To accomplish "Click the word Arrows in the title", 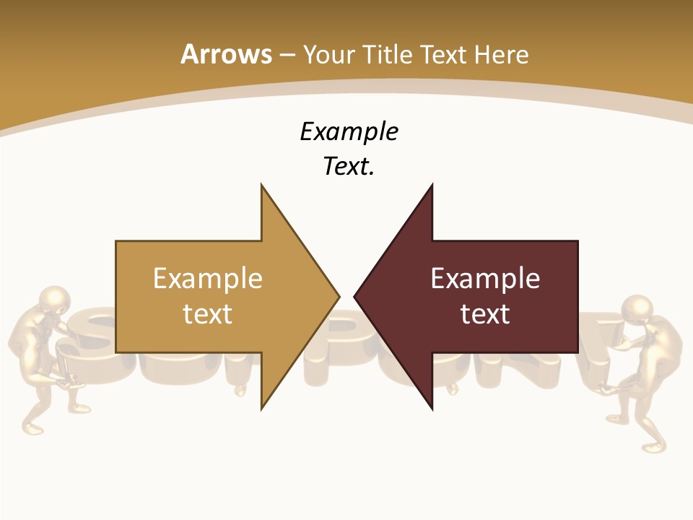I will tap(226, 54).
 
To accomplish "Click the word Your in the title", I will tap(329, 54).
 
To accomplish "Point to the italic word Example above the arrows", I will tap(349, 132).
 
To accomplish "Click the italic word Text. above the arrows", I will tap(349, 167).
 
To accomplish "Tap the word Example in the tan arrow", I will tap(208, 278).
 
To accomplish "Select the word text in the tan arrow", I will tap(208, 313).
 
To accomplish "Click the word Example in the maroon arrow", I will tap(485, 278).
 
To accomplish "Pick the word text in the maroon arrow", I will tap(485, 313).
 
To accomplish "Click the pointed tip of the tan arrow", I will tap(338, 296).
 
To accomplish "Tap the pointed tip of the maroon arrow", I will tap(355, 296).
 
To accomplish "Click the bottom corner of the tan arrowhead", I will tap(262, 408).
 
